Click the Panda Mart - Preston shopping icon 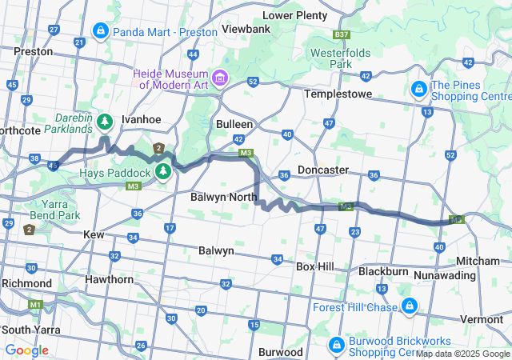[100, 31]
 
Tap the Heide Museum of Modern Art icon [220, 78]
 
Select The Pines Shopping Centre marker [418, 90]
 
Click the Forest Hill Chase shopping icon [409, 306]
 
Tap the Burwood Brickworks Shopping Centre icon [337, 346]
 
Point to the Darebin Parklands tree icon [105, 122]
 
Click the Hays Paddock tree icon [163, 171]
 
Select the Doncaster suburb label [322, 170]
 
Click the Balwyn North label [223, 196]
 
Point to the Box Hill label [318, 266]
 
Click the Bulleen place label [234, 124]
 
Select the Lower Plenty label [294, 14]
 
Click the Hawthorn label [110, 279]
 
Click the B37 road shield [342, 36]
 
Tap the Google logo [26, 350]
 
